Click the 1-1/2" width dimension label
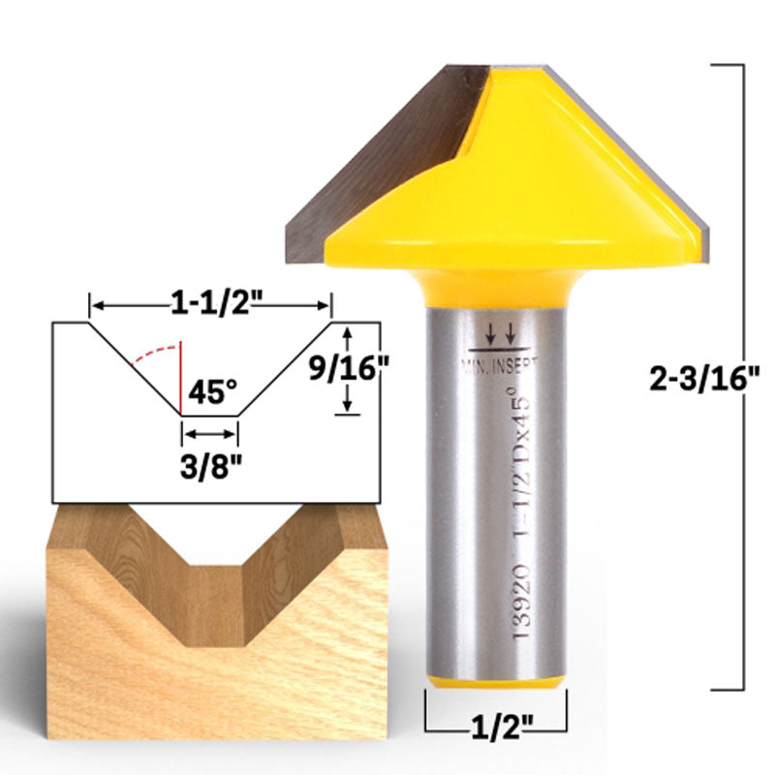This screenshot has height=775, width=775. pos(211,305)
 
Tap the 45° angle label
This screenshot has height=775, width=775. pos(212,392)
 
